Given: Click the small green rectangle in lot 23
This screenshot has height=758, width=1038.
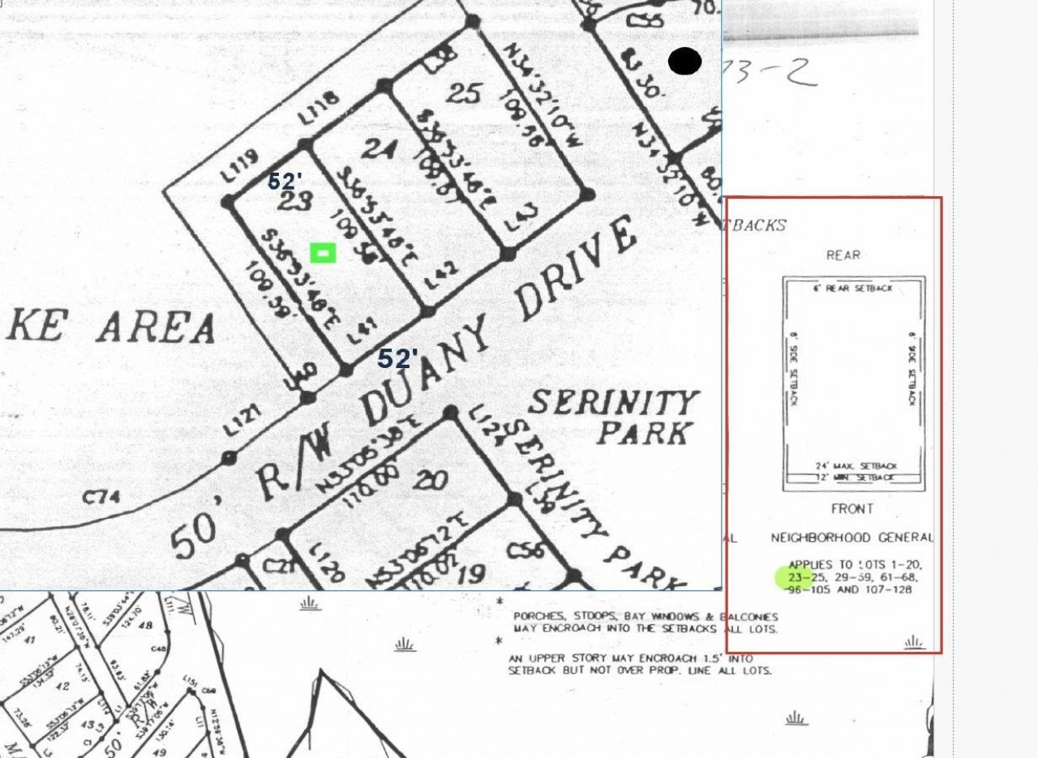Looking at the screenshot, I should point(323,254).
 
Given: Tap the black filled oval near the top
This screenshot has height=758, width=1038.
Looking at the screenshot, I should point(684,61).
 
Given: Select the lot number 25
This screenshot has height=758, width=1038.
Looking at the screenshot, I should point(463,93).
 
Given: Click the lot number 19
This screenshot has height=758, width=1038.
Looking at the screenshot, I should point(470,573).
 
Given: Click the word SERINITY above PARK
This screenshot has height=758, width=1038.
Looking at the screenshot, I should point(614,402).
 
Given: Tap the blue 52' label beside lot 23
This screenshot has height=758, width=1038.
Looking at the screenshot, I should point(285,181).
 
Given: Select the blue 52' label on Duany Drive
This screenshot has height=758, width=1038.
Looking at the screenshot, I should point(397,358).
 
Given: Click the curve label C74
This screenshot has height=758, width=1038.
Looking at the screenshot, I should point(101,496).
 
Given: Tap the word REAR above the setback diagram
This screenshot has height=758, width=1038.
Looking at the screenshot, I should point(843,255).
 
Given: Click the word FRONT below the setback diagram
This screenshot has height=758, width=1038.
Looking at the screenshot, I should point(851,509).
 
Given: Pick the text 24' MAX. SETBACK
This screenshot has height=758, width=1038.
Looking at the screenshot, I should point(856,466).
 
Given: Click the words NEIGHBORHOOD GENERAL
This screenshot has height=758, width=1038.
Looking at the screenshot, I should point(851,537).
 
